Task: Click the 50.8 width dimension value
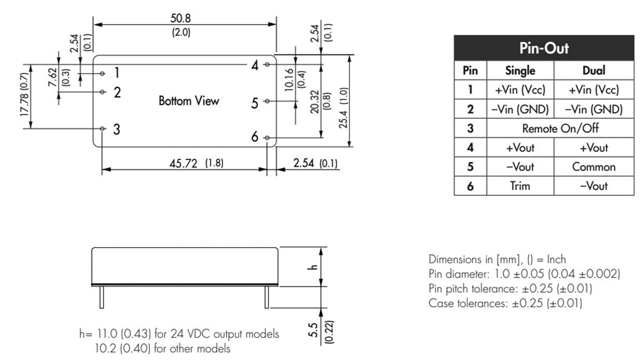[181, 18]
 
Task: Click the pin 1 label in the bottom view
[117, 73]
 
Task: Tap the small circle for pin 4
[267, 64]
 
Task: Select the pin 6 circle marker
[267, 138]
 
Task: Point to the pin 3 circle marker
[102, 128]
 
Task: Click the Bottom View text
[189, 101]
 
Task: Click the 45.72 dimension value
[183, 163]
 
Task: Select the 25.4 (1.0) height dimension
[344, 108]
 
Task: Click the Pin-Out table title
[544, 48]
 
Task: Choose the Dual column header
[594, 70]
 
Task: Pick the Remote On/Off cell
[560, 128]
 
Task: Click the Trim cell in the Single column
[520, 185]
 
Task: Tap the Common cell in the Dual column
[594, 167]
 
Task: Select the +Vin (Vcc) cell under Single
[520, 90]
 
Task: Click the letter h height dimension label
[313, 267]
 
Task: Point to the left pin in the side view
[102, 297]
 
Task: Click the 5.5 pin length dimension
[313, 330]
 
